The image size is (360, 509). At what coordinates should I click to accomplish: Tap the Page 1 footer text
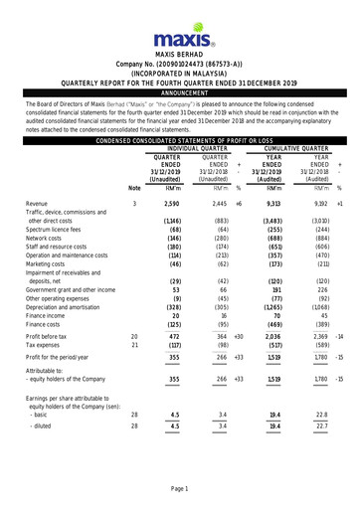pos(180,489)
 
